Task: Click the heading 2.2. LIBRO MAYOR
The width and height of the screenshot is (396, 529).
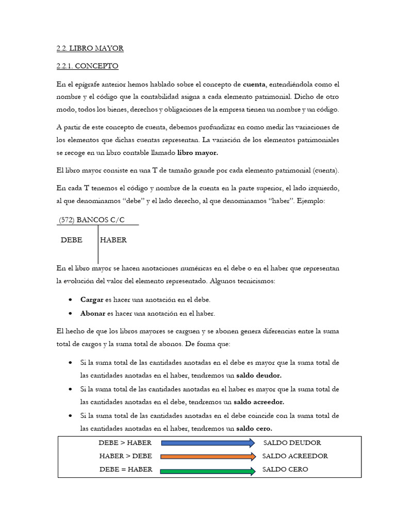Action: pyautogui.click(x=90, y=49)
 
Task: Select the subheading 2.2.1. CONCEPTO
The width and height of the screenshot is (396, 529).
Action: pyautogui.click(x=87, y=66)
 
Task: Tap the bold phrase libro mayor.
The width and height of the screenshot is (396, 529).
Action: pyautogui.click(x=197, y=153)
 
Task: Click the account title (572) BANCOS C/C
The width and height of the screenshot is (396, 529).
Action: pyautogui.click(x=92, y=220)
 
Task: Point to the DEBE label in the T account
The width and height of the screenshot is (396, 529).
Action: pyautogui.click(x=72, y=240)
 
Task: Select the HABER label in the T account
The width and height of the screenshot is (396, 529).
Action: pyautogui.click(x=113, y=240)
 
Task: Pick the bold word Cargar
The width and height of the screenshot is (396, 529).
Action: pyautogui.click(x=92, y=300)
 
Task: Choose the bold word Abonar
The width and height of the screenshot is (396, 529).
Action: pyautogui.click(x=93, y=313)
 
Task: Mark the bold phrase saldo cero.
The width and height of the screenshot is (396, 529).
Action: pyautogui.click(x=254, y=428)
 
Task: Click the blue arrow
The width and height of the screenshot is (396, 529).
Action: pyautogui.click(x=208, y=443)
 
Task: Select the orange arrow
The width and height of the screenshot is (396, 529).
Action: pyautogui.click(x=208, y=456)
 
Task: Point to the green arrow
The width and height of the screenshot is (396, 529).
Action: pyautogui.click(x=208, y=470)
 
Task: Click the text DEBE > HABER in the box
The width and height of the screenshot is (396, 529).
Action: pyautogui.click(x=125, y=443)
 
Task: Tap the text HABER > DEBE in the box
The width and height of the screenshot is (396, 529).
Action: pyautogui.click(x=125, y=456)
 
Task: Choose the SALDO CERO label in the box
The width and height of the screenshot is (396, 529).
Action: pyautogui.click(x=285, y=470)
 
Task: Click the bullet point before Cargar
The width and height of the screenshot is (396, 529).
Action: pyautogui.click(x=70, y=300)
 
